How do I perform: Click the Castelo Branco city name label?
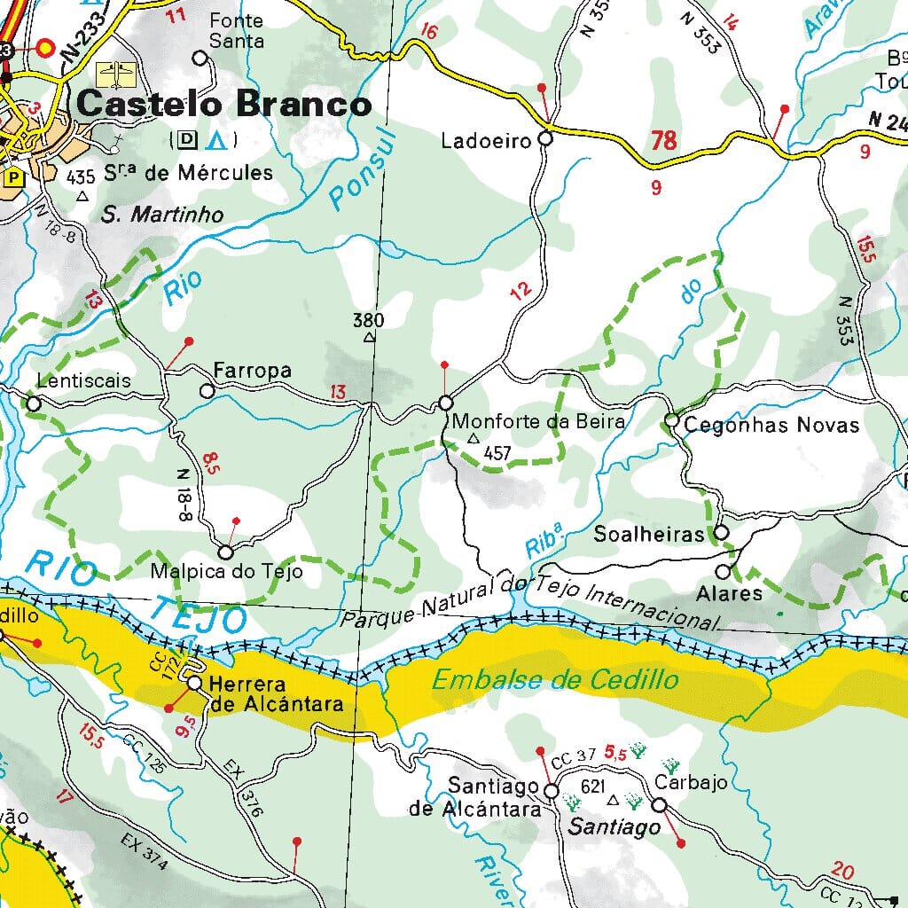point(223,104)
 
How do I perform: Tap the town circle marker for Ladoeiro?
point(545,138)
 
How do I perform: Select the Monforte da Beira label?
point(538,422)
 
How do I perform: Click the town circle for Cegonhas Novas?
point(671,421)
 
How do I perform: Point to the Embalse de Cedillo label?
point(555,680)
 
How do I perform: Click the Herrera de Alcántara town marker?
point(194,683)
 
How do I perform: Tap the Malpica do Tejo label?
point(226,571)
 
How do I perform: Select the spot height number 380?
point(368,320)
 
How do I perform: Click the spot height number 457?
point(497,453)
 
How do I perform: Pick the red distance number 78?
point(663,140)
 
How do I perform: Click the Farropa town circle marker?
point(207,390)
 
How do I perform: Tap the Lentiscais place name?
point(84,381)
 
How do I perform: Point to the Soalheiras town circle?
point(721,533)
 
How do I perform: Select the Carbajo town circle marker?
point(659,804)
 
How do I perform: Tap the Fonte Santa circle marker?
point(200,59)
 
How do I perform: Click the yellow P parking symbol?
point(14,177)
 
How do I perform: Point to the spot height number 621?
point(592,787)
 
